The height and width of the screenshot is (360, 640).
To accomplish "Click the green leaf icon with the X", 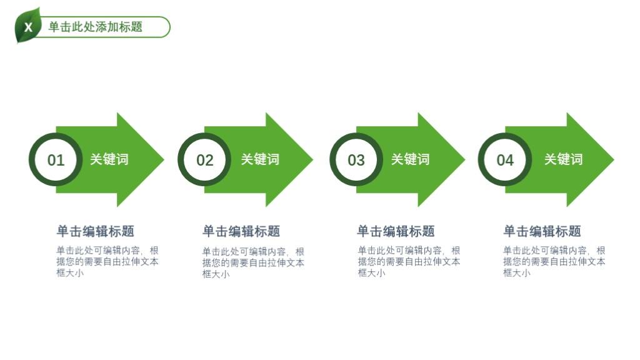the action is [27, 26].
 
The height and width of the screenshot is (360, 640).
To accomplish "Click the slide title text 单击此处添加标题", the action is [96, 27].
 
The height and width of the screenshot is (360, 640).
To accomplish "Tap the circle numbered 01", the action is [56, 159].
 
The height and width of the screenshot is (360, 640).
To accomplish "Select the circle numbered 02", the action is [204, 159].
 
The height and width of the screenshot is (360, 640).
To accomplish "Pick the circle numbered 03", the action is [356, 159].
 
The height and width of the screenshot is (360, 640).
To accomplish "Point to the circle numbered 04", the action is [505, 159].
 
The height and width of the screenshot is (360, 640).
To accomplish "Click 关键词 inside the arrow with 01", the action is [109, 159].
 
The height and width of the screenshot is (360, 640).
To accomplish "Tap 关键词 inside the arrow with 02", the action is [260, 159].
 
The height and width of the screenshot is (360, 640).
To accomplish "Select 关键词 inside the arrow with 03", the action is [410, 159].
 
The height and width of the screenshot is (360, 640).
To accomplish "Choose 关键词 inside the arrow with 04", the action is [563, 159].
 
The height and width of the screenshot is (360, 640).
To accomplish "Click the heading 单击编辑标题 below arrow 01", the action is [96, 231].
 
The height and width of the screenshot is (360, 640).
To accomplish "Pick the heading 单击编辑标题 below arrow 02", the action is [241, 231].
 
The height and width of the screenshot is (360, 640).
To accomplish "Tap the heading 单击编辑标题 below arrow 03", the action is [396, 231].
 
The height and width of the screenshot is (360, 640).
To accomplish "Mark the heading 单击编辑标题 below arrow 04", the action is [542, 231].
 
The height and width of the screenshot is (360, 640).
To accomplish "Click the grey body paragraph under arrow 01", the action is [107, 262].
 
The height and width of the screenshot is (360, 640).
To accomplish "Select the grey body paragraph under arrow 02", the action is [253, 263].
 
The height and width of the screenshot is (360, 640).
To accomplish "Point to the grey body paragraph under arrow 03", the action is [409, 262].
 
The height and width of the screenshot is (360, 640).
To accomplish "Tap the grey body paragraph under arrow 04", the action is [554, 262].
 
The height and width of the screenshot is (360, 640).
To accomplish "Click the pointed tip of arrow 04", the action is [614, 159].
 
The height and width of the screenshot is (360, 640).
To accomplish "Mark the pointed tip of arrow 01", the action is [164, 159].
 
